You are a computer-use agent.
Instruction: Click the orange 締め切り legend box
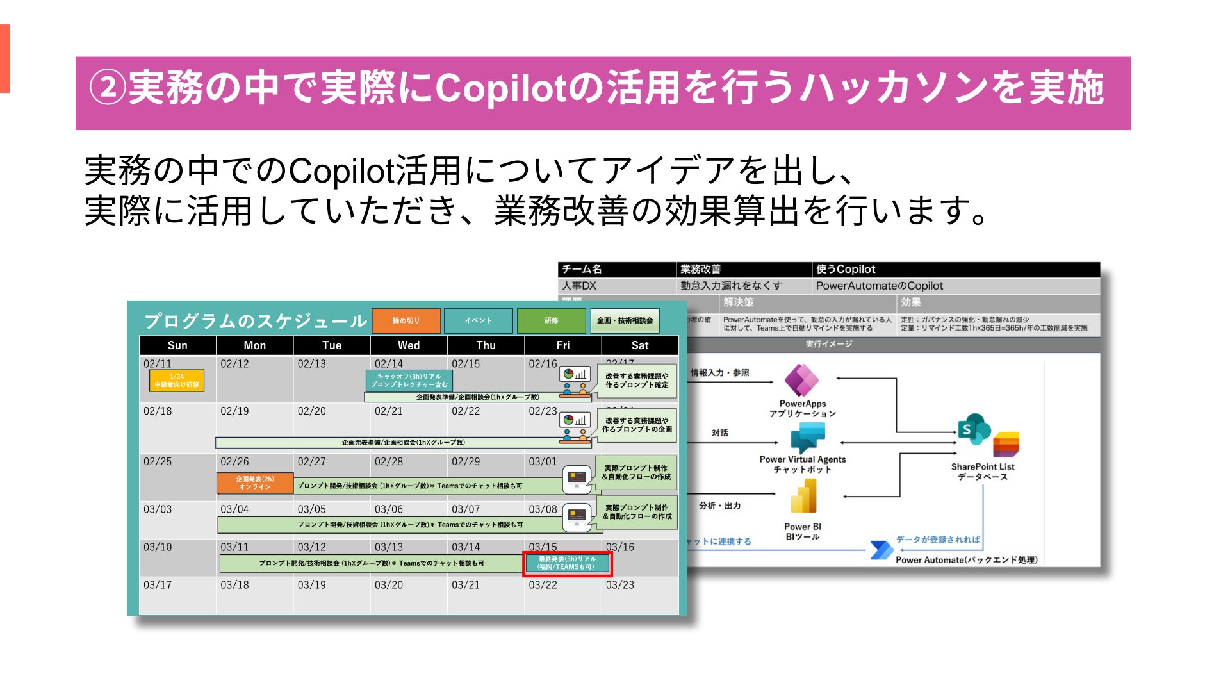[x=406, y=320]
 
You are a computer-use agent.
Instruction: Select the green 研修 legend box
[x=551, y=320]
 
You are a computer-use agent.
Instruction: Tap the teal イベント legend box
[x=478, y=320]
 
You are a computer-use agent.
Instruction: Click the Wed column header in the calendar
[x=409, y=345]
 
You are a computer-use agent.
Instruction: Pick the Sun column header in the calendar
[x=177, y=345]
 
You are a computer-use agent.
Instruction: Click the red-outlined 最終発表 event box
[x=567, y=563]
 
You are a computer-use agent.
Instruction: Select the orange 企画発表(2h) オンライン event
[x=255, y=483]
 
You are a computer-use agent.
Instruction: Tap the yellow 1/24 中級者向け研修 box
[x=177, y=381]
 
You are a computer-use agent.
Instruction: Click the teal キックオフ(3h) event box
[x=409, y=381]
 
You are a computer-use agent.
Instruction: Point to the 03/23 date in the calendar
[x=619, y=585]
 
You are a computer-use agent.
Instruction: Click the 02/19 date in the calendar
[x=234, y=411]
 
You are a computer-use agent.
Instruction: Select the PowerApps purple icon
[x=801, y=381]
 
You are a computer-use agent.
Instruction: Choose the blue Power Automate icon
[x=881, y=550]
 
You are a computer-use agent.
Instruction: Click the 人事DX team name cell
[x=579, y=286]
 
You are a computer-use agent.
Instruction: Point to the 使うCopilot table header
[x=846, y=269]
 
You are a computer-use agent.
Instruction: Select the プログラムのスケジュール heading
[x=256, y=321]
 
